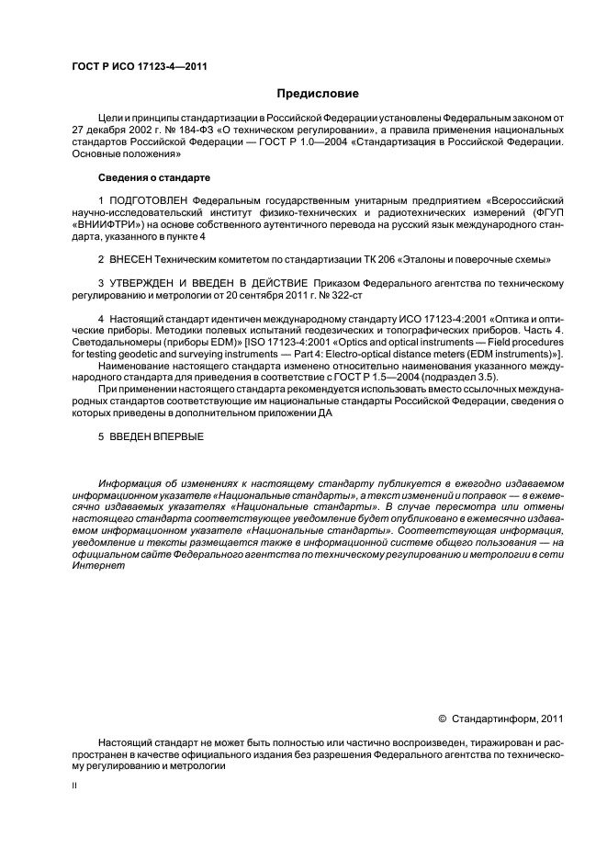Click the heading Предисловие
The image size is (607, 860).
point(318,94)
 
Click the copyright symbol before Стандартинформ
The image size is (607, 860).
point(443,719)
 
